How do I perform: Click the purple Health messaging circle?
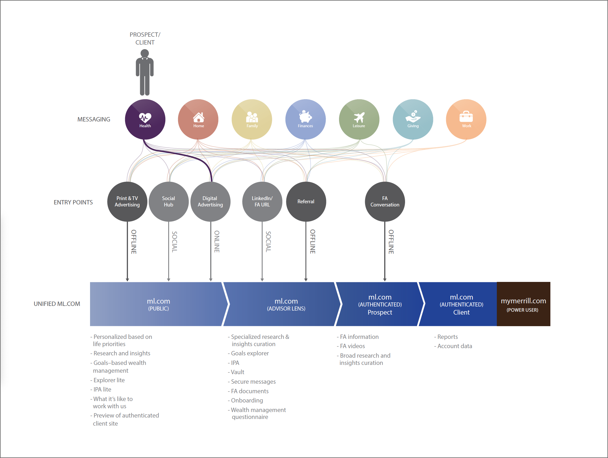tap(145, 119)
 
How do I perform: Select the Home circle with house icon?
tap(198, 119)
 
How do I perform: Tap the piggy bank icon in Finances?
tap(305, 117)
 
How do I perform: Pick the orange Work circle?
tap(466, 119)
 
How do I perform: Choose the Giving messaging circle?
tap(413, 119)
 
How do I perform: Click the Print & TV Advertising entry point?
tap(127, 202)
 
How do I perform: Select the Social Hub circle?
tap(169, 202)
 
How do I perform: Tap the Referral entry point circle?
tap(306, 202)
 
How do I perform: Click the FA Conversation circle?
tap(385, 202)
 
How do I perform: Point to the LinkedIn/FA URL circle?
tap(262, 202)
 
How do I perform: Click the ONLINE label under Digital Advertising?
tap(217, 241)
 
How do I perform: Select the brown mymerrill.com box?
tap(523, 304)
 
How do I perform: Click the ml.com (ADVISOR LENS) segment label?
tap(286, 304)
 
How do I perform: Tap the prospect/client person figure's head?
tap(145, 53)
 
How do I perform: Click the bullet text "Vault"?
tap(237, 372)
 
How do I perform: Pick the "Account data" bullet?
tap(455, 346)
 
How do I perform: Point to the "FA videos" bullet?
tap(352, 346)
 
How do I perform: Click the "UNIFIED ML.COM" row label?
tap(57, 304)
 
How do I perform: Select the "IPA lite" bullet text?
tap(102, 389)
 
